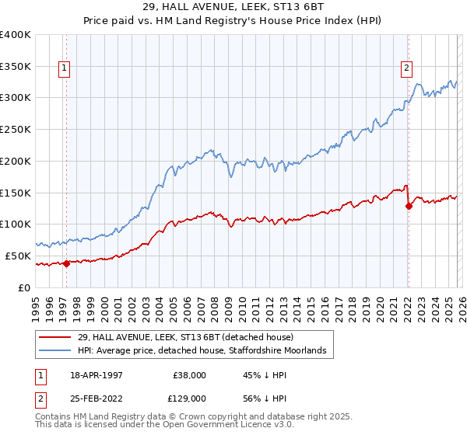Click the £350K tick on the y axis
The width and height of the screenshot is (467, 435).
[x=16, y=66]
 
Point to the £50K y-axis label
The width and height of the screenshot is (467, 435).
[x=17, y=256]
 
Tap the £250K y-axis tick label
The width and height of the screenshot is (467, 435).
[x=16, y=130]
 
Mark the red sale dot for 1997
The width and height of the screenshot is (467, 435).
[x=66, y=263]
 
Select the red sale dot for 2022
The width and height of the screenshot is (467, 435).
[x=409, y=206]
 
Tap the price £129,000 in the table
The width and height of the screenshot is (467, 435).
[x=189, y=398]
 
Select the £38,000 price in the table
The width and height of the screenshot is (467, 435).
[x=189, y=374]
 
